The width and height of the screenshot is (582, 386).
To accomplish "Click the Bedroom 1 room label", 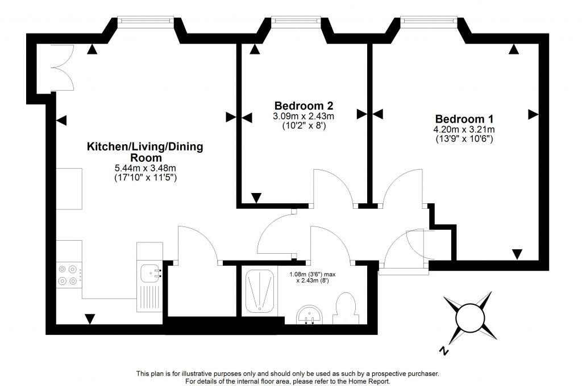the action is [464, 119].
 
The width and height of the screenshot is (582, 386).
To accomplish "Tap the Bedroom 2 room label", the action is [304, 106].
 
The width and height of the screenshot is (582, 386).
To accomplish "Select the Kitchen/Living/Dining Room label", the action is [144, 152].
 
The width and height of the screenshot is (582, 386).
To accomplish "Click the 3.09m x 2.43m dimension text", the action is [304, 116].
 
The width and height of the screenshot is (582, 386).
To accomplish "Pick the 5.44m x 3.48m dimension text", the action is [144, 169].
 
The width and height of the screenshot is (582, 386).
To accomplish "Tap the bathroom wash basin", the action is [310, 314].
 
